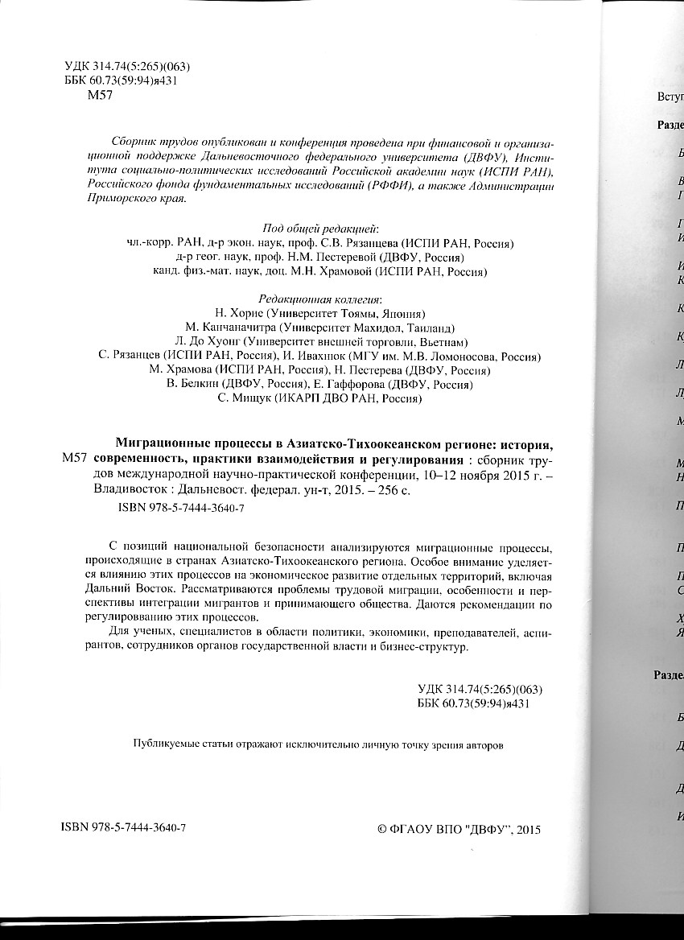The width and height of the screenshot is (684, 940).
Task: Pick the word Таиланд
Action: click(x=432, y=328)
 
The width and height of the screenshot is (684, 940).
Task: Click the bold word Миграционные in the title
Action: click(x=164, y=443)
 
